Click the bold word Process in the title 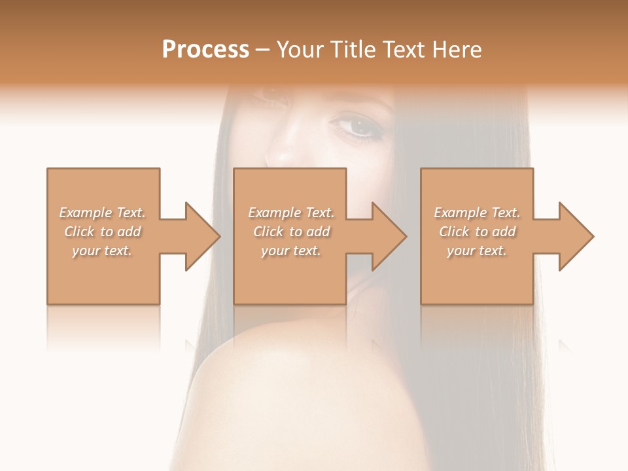[x=205, y=50]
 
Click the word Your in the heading [x=299, y=50]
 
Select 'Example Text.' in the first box [x=102, y=213]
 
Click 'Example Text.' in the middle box [x=290, y=213]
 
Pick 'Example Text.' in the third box [x=477, y=213]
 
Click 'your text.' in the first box [x=102, y=251]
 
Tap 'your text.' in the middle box [x=290, y=251]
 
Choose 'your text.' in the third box [x=477, y=251]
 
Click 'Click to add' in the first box [x=102, y=232]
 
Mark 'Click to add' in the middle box [x=290, y=232]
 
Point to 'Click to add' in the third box [x=477, y=232]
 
